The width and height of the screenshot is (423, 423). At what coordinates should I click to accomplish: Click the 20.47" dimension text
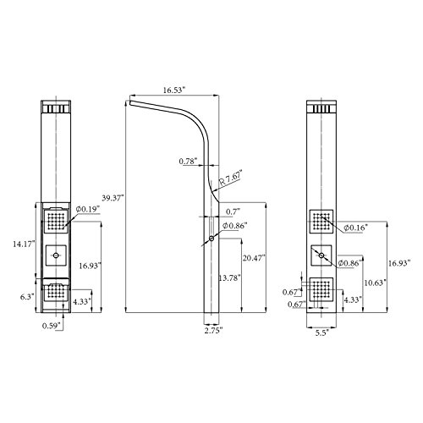[x=254, y=257]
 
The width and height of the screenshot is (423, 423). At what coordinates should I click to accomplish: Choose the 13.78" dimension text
[x=228, y=277]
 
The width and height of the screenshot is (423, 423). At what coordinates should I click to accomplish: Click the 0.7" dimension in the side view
[x=233, y=211]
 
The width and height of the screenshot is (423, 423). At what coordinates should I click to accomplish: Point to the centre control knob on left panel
[x=57, y=254]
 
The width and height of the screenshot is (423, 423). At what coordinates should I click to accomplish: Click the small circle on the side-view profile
[x=209, y=241]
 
